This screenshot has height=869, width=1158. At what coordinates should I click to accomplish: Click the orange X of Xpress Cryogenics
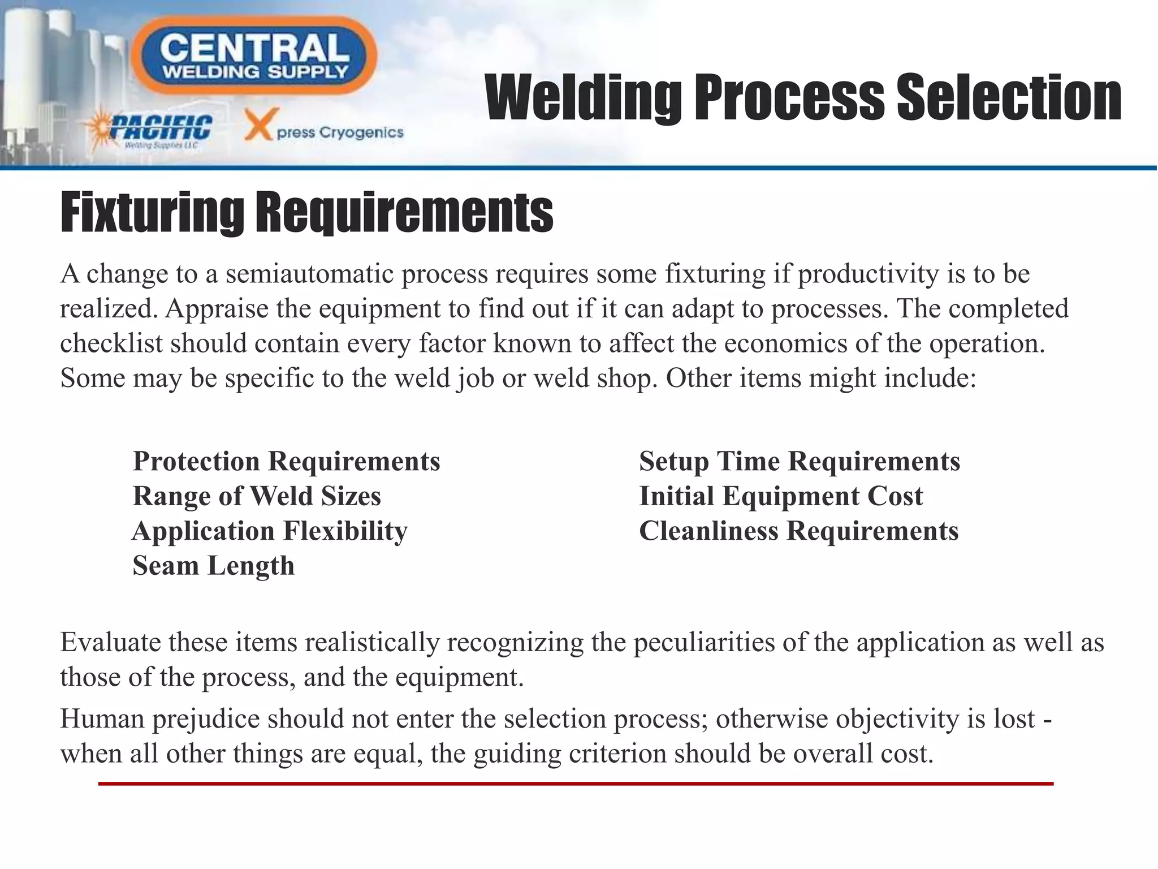pos(258,124)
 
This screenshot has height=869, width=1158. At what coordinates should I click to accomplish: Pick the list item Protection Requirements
pos(286,461)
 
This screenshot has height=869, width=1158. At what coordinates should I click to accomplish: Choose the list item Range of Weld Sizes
pos(257,496)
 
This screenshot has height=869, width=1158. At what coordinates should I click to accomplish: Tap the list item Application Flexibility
pos(270,531)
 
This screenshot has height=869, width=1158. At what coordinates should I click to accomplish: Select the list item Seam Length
pos(213,566)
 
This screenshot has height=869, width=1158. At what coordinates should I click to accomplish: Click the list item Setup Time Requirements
pos(800,461)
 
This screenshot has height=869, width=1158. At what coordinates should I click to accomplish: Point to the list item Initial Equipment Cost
pos(781,496)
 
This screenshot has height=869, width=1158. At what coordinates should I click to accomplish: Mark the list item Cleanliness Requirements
pos(799,531)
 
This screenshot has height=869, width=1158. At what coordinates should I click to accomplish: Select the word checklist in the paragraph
pos(111,343)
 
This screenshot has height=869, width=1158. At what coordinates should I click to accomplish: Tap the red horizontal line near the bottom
pos(576,784)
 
